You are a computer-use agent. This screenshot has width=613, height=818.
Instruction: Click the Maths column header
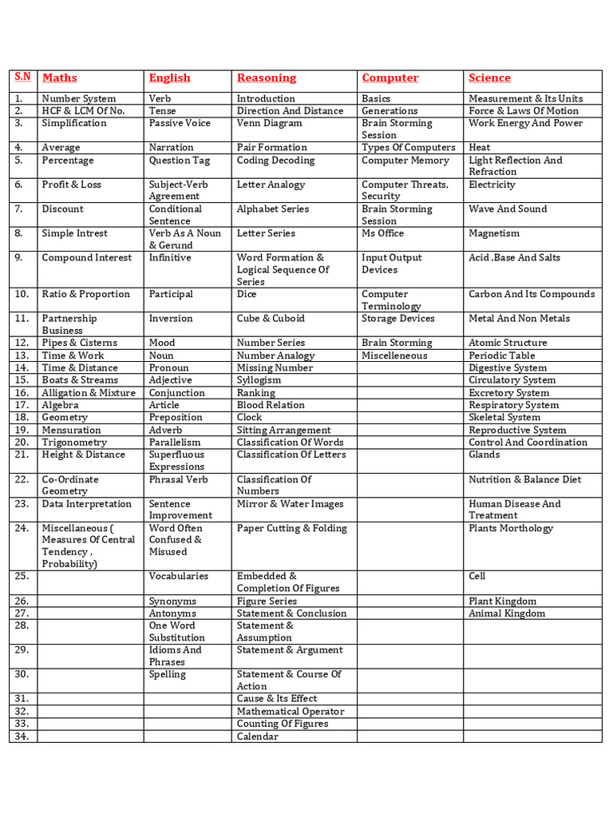tap(60, 78)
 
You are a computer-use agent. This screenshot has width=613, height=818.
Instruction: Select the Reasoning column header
tap(266, 78)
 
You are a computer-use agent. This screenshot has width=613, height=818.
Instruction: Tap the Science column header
tap(489, 78)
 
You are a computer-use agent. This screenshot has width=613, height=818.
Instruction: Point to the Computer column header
tap(390, 78)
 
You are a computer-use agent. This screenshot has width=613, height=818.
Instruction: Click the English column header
tap(169, 78)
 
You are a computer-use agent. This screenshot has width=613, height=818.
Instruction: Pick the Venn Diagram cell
tap(269, 123)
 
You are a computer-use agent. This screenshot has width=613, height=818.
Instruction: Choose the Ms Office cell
tap(382, 233)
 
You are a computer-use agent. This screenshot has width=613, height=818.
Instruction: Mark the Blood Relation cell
tap(271, 405)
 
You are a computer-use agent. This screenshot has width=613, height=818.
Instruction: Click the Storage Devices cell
tap(397, 318)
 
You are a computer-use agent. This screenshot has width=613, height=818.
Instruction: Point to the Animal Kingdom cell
tap(507, 613)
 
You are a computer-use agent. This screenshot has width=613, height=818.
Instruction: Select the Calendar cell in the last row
tap(257, 737)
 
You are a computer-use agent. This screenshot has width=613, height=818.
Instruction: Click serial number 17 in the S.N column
tap(22, 405)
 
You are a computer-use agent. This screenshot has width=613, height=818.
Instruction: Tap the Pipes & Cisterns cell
tap(79, 343)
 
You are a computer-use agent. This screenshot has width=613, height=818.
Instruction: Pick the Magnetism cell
tap(493, 233)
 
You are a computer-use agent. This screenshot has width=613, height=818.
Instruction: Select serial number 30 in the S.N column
tap(22, 674)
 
